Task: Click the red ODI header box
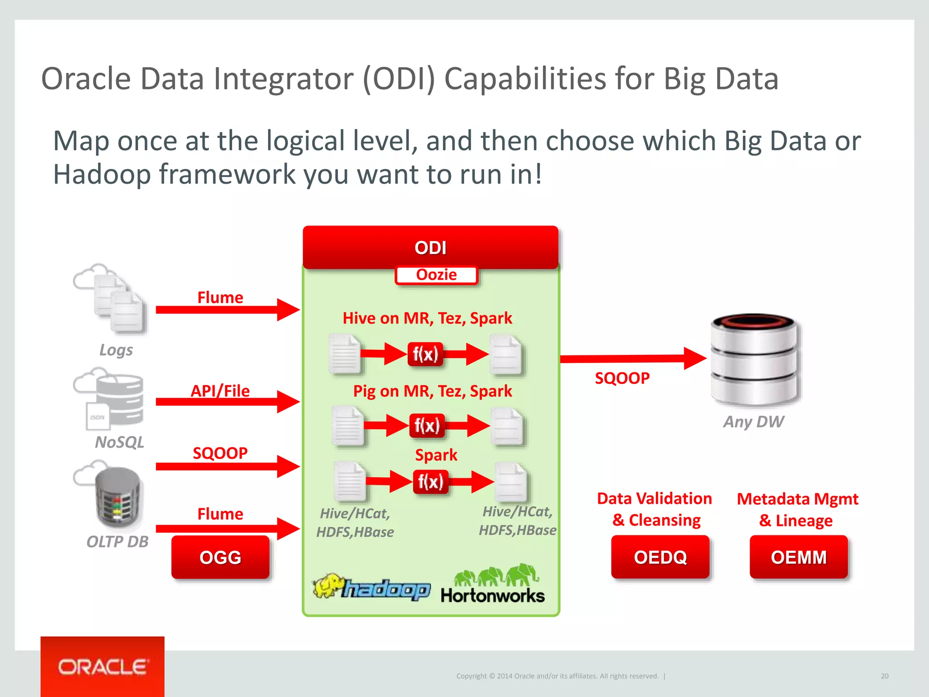pyautogui.click(x=430, y=247)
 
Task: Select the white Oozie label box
pyautogui.click(x=436, y=275)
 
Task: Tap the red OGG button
pyautogui.click(x=220, y=557)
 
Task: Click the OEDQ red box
pyautogui.click(x=660, y=557)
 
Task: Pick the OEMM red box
pyautogui.click(x=798, y=557)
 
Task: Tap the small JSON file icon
pyautogui.click(x=97, y=417)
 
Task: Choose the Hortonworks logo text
pyautogui.click(x=493, y=596)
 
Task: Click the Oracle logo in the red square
pyautogui.click(x=103, y=667)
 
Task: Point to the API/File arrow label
pyautogui.click(x=220, y=391)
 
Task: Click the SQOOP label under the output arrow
pyautogui.click(x=622, y=378)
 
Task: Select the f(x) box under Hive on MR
pyautogui.click(x=425, y=354)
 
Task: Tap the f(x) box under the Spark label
pyautogui.click(x=430, y=481)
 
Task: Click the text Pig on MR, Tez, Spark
pyautogui.click(x=432, y=391)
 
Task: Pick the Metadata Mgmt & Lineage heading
pyautogui.click(x=797, y=509)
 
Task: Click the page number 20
pyautogui.click(x=884, y=676)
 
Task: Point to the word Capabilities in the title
pyautogui.click(x=525, y=79)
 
